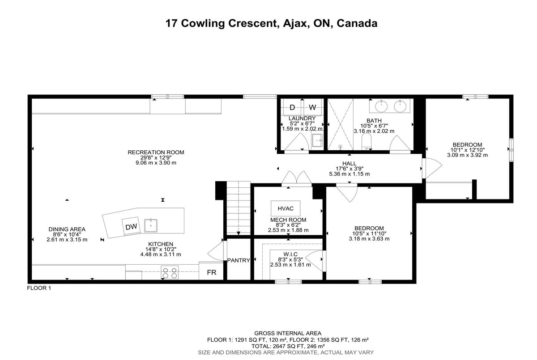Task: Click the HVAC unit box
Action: pos(286,208)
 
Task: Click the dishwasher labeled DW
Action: pos(131,226)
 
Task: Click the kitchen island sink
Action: pos(150,226)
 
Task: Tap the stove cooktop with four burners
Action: pos(170,272)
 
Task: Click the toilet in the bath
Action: pos(367,142)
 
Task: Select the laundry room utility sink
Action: pos(317,140)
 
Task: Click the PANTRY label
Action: pos(239,260)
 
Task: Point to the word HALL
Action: pos(349,163)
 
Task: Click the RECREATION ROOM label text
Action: pos(156,152)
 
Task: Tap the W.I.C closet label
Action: pos(290,254)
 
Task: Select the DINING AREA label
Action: pos(67,229)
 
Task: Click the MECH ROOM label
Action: pos(288,220)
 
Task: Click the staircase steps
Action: pos(239,208)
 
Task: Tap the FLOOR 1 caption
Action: pos(39,288)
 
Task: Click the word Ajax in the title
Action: pos(295,23)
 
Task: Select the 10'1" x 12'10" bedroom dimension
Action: pos(468,150)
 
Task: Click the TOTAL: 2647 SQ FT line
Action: pos(288,346)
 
